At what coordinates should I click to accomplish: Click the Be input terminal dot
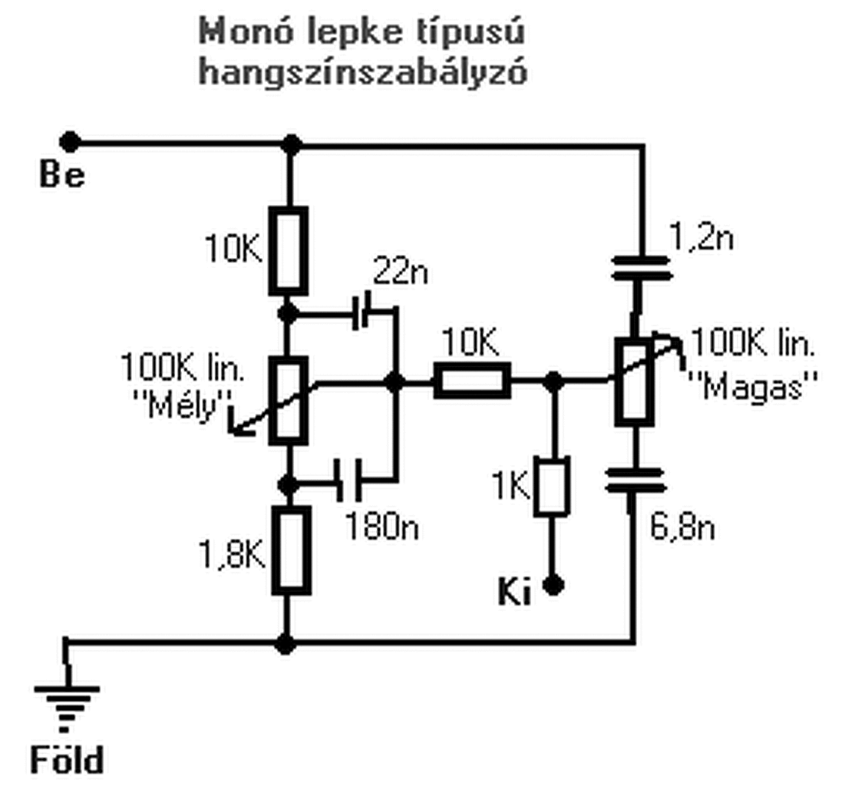[70, 142]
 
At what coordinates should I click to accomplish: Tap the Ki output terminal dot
[553, 586]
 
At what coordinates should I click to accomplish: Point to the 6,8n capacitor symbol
[634, 482]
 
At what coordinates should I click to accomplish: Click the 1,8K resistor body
[290, 550]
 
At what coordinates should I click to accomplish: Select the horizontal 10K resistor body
[471, 381]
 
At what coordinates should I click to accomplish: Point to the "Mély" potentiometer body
[289, 400]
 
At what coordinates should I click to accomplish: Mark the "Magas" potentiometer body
[635, 381]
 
